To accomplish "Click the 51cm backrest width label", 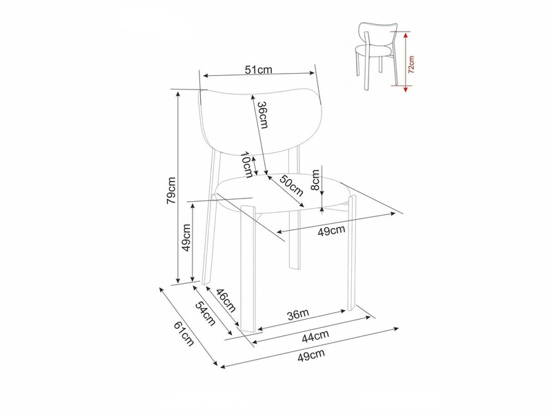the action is click(x=259, y=70).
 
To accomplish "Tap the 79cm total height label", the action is click(x=171, y=190).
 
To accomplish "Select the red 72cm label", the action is click(x=411, y=64).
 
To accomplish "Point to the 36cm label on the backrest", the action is click(x=263, y=115).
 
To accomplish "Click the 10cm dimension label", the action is click(x=248, y=165).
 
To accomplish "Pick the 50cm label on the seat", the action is click(x=291, y=185).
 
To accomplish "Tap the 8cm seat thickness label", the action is click(x=316, y=180).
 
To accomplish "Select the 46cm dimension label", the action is click(x=226, y=300).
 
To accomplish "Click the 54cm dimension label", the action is click(x=205, y=313).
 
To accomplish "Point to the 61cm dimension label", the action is click(x=184, y=334).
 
